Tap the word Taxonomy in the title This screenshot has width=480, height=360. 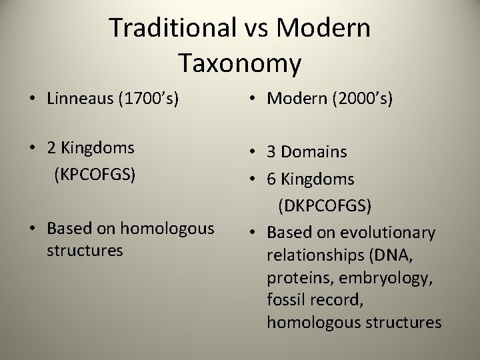pos(240,63)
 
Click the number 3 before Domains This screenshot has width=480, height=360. pos(271,152)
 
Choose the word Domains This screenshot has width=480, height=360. pos(314,152)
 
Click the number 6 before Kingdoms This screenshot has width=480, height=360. pos(271,179)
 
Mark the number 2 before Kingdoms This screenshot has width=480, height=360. pos(51,148)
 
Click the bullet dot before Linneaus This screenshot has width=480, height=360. pos(32,99)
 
